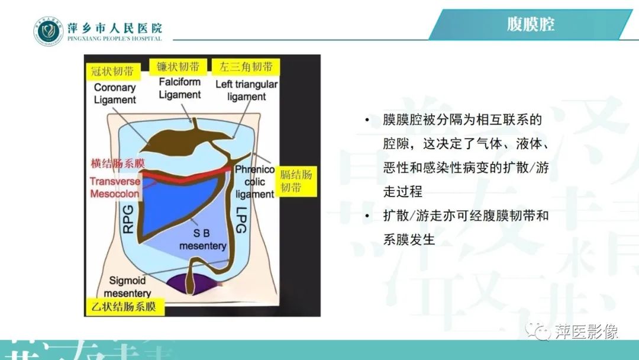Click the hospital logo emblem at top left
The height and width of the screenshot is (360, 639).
tap(47, 31)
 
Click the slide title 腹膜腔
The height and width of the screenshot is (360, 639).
tap(531, 25)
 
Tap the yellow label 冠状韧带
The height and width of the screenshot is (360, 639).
tap(112, 72)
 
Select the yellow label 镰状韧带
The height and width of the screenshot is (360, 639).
tap(178, 66)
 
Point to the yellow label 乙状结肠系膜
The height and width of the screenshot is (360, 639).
tap(124, 307)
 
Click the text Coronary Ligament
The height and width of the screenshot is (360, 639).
tap(115, 94)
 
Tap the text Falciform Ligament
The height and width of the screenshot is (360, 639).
tap(180, 88)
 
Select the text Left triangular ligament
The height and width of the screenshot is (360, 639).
tap(246, 90)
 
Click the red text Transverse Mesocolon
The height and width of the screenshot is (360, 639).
tap(115, 188)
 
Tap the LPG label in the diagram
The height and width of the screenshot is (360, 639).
tap(241, 219)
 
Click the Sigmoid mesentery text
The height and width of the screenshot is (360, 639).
tap(128, 287)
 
